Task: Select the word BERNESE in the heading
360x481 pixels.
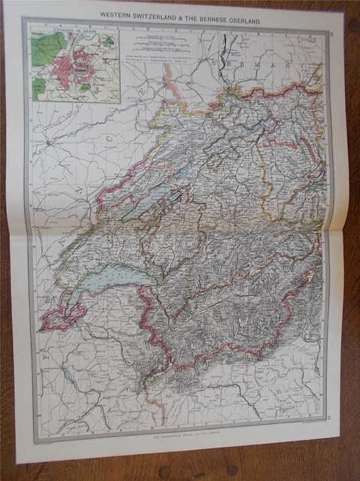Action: (217, 12)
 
